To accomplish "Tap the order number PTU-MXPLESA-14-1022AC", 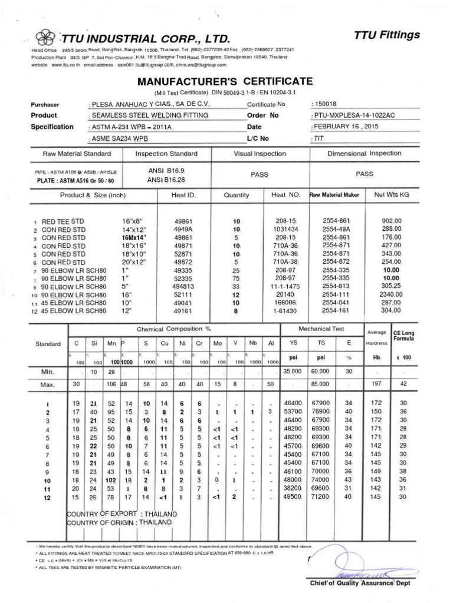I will click(353, 115).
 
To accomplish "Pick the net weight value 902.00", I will click(392, 220).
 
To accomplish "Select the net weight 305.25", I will click(392, 285).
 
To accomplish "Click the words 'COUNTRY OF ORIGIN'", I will click(101, 522).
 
